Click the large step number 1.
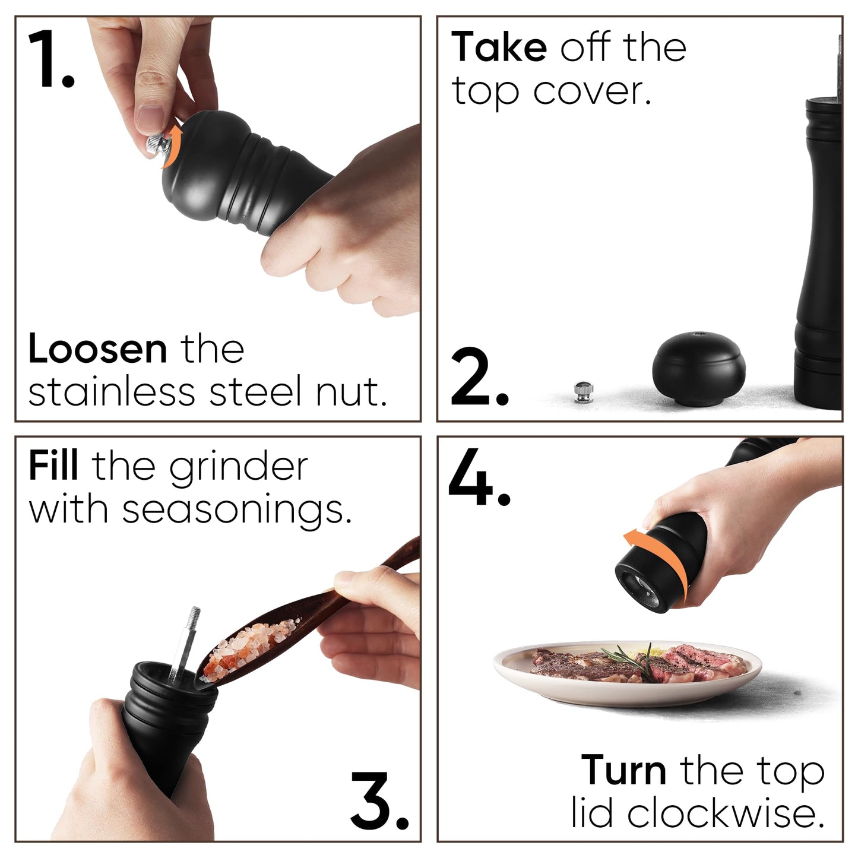50,59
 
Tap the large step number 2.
480,376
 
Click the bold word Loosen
98,349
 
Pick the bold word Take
499,46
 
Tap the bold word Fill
53,466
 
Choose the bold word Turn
624,770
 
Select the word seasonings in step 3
237,511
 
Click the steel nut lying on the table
584,392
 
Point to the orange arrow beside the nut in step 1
172,146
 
